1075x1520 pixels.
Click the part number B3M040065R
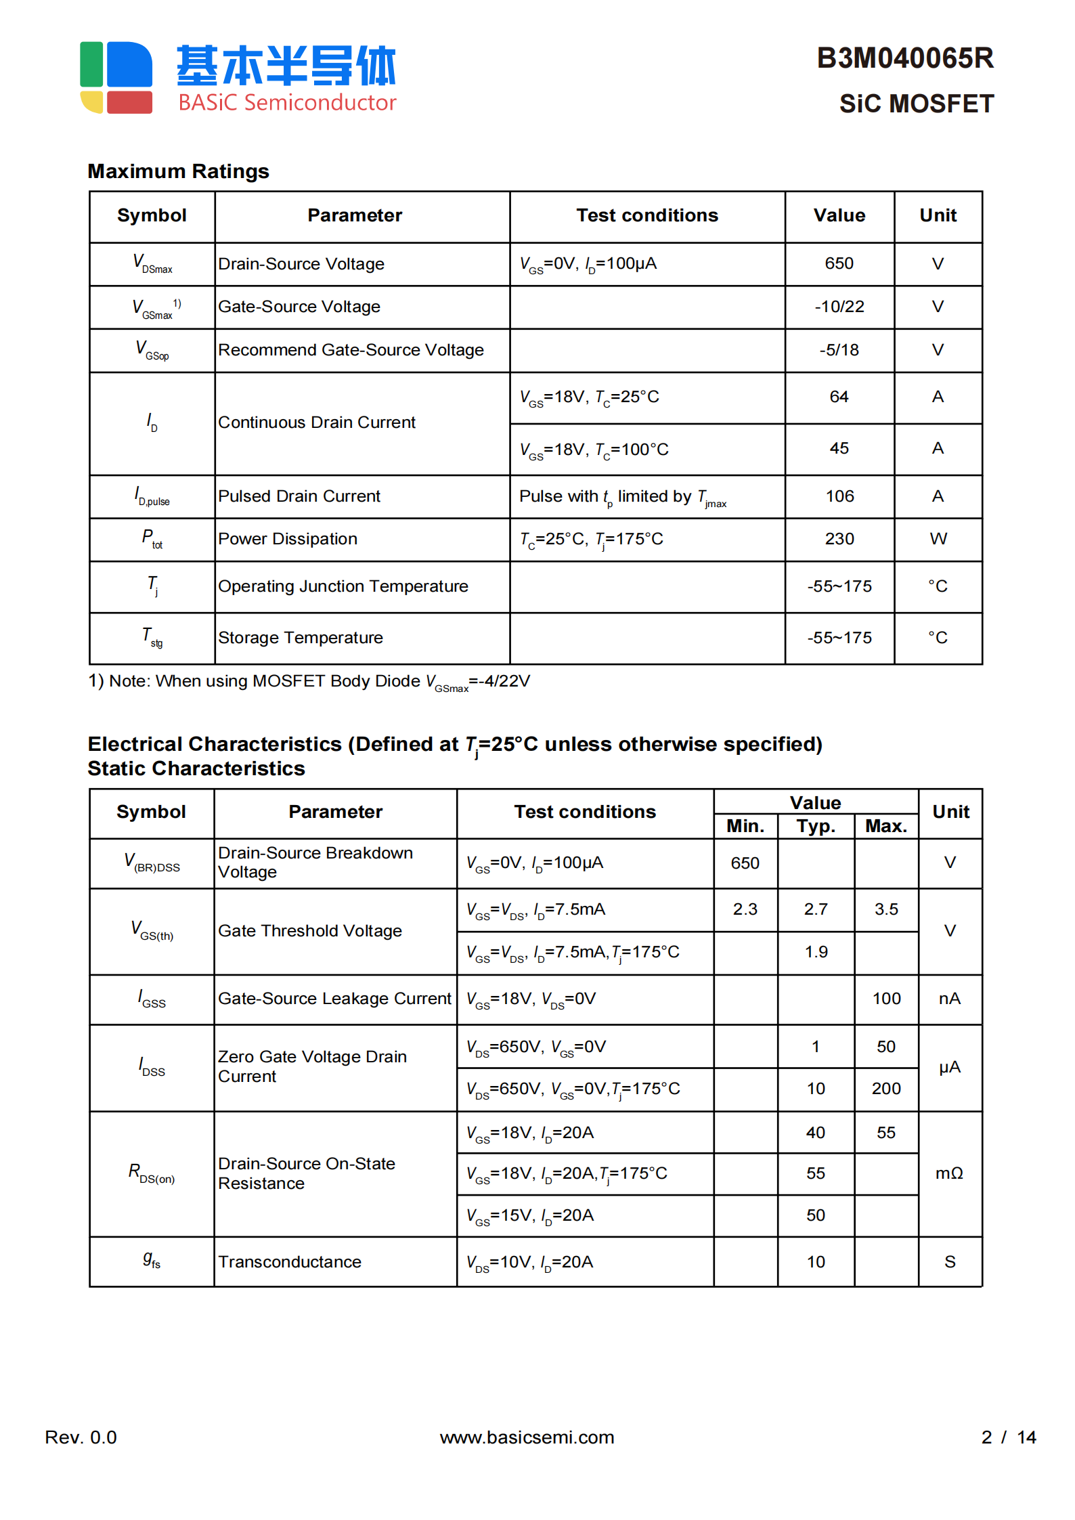click(x=904, y=58)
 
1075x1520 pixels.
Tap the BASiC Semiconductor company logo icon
click(x=116, y=77)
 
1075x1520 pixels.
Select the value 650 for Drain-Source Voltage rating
click(x=839, y=263)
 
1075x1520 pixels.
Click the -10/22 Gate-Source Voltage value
click(x=839, y=307)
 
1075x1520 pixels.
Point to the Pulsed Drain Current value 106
click(x=839, y=496)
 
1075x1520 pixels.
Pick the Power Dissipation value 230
click(x=839, y=539)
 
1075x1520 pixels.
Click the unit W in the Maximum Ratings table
click(x=938, y=539)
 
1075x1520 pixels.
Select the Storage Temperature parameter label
click(x=300, y=638)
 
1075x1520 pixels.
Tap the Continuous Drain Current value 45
click(x=839, y=448)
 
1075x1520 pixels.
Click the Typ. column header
click(x=816, y=826)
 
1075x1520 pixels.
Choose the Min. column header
click(x=745, y=826)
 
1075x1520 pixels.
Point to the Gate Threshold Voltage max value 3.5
click(x=885, y=909)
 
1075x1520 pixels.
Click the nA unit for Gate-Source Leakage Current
click(x=949, y=999)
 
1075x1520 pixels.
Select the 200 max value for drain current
click(x=885, y=1089)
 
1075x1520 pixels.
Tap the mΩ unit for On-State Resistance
click(x=949, y=1173)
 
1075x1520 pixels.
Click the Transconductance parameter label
click(x=290, y=1262)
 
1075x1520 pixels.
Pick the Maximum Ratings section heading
click(x=179, y=171)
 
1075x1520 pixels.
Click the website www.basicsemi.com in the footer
click(x=527, y=1437)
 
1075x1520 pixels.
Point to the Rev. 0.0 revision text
click(x=81, y=1437)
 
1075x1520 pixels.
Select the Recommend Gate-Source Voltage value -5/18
click(x=839, y=350)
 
